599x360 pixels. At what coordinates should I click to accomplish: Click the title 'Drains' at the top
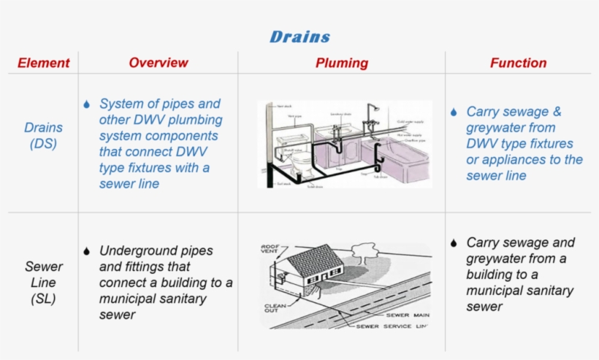point(299,37)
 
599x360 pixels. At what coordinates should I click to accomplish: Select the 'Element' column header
point(43,63)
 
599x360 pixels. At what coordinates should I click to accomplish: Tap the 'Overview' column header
point(158,63)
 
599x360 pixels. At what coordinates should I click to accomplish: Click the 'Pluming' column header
point(341,63)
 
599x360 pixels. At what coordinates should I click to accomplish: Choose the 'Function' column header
point(518,63)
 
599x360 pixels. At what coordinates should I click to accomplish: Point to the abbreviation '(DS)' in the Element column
point(43,144)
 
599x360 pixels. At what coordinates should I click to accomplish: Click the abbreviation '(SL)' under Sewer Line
point(43,298)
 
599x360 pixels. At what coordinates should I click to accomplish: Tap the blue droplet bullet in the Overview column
point(87,104)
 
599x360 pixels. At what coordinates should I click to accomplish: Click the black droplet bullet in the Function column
point(454,243)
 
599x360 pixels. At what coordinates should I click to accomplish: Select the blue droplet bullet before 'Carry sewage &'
point(454,112)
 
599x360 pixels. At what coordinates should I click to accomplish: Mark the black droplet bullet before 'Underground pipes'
point(87,251)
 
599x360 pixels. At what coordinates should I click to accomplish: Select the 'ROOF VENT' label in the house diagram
point(270,249)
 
